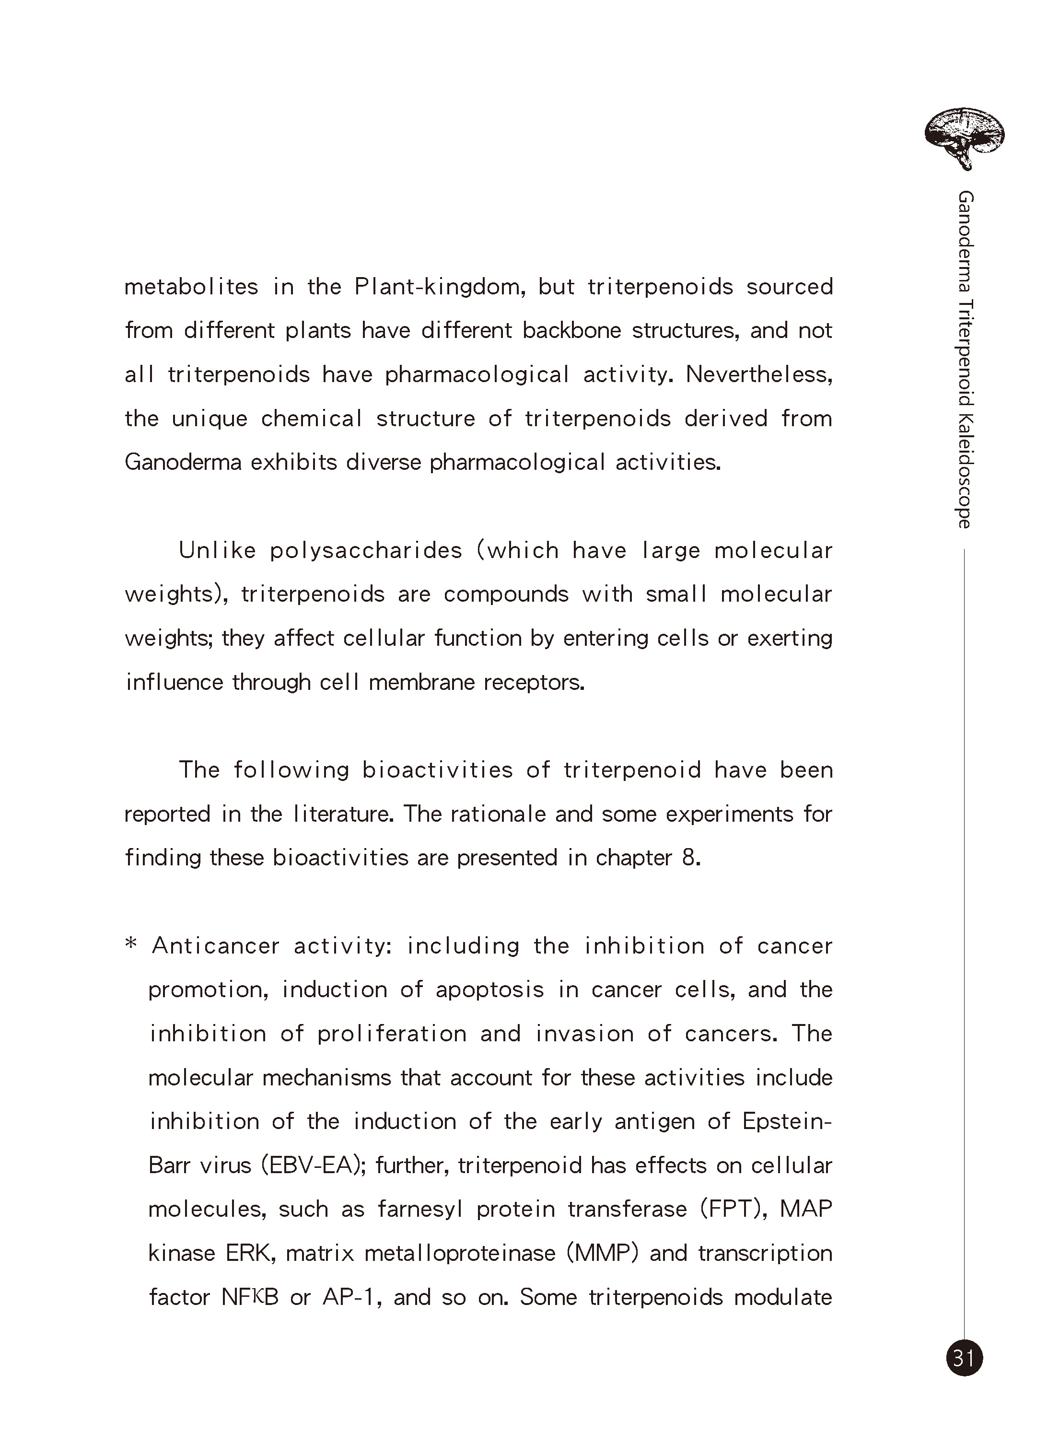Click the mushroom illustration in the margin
pos(964,138)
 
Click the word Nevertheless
pos(759,374)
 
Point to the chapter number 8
pos(691,858)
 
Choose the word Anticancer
pos(216,945)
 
